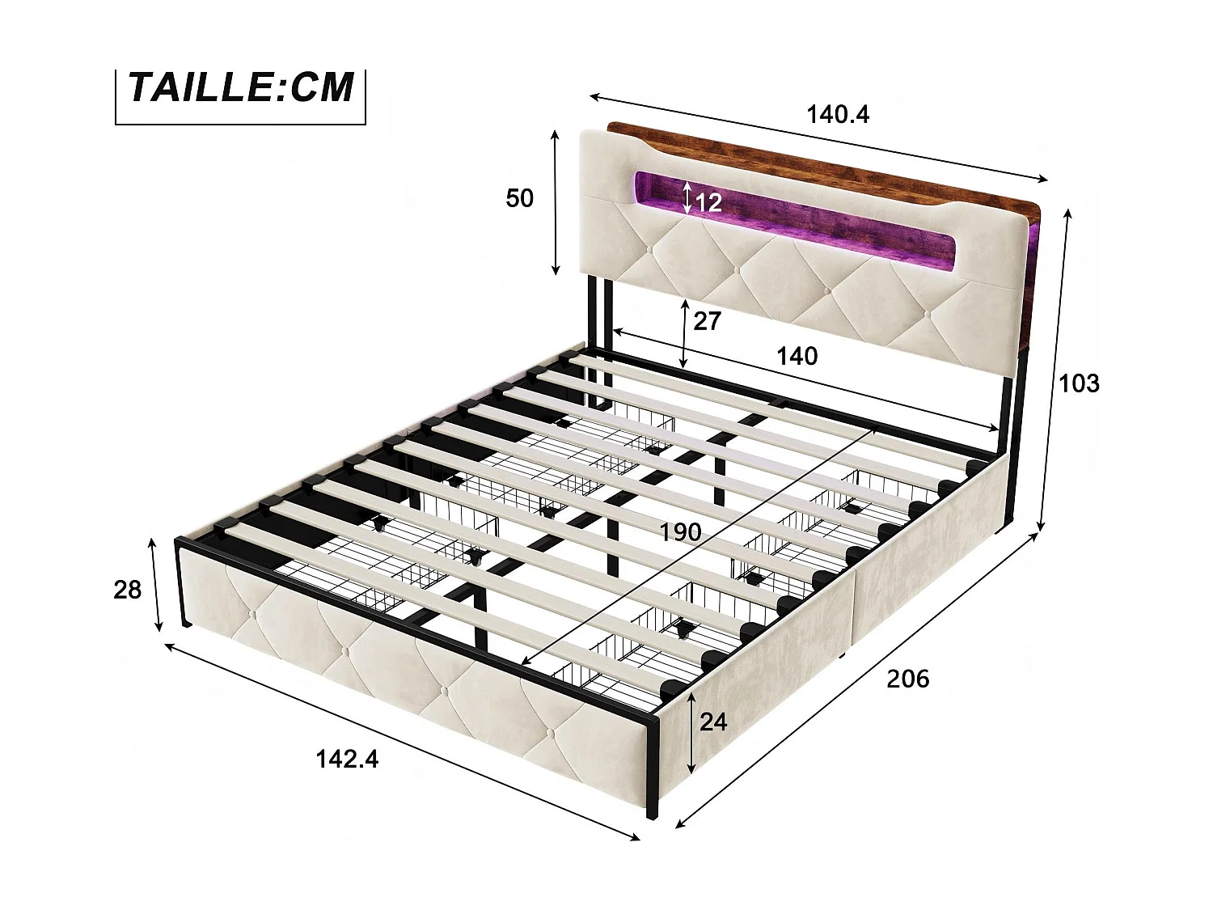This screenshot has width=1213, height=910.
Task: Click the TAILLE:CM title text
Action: point(240,87)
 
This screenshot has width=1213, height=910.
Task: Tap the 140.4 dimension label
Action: point(838,114)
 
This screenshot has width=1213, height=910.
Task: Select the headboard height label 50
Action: point(519,198)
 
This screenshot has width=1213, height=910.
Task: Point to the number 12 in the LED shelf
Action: point(708,202)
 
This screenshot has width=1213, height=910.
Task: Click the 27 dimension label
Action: point(707,321)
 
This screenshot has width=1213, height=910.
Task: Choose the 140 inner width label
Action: point(797,357)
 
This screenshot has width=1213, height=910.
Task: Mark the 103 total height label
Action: point(1079,383)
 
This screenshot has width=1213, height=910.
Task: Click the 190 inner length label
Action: point(680,532)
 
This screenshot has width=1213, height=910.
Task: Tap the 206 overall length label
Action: point(908,679)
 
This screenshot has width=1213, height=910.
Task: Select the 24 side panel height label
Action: point(713,722)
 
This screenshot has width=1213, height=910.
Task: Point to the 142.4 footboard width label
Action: point(347,760)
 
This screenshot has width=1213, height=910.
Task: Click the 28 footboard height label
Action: point(127,590)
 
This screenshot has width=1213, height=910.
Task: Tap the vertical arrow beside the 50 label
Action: point(556,203)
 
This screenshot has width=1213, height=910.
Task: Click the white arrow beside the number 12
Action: point(687,198)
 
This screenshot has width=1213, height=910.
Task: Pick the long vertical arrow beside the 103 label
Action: point(1055,370)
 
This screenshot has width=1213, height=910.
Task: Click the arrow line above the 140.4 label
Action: point(818,138)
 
